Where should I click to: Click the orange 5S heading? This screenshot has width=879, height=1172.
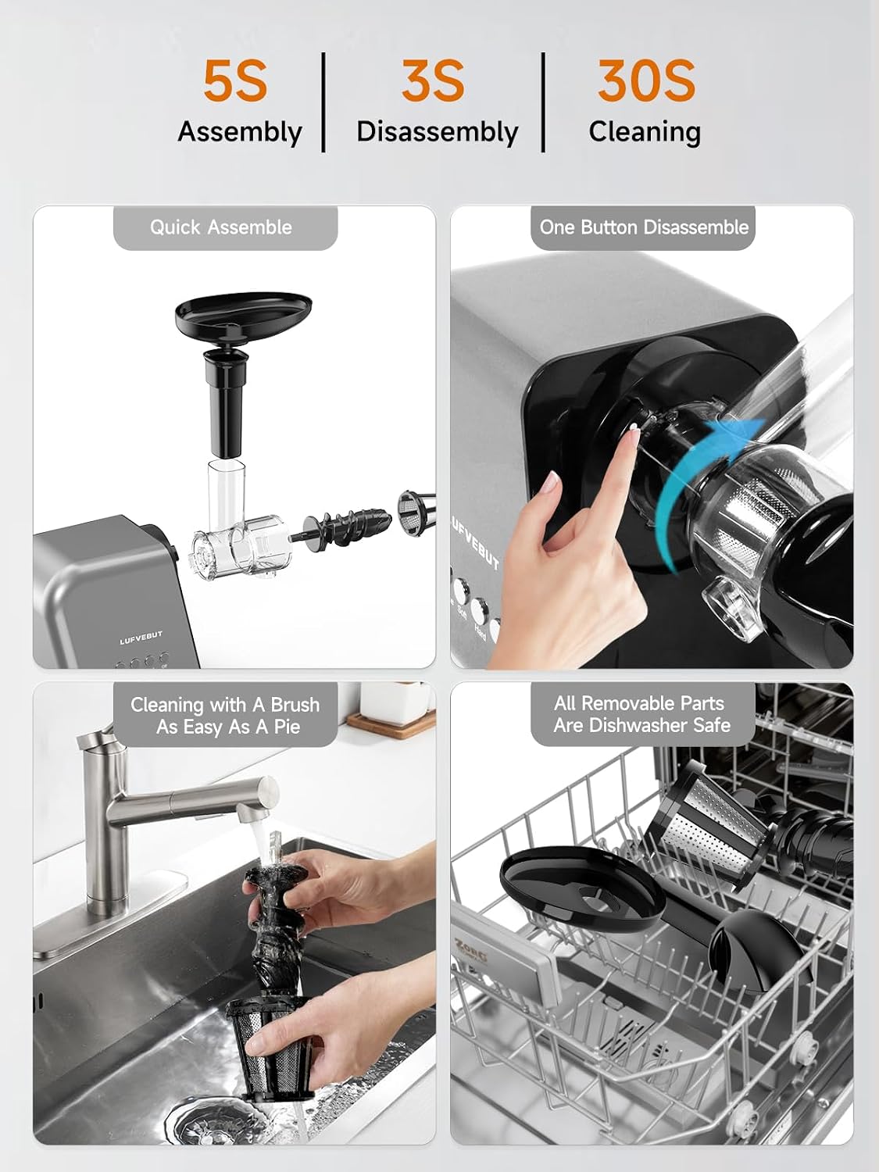[235, 80]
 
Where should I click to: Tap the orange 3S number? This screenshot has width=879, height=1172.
[434, 80]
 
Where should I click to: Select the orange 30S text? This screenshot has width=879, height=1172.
[646, 80]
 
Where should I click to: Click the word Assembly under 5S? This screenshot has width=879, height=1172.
[240, 132]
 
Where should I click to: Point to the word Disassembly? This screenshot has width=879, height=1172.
[438, 131]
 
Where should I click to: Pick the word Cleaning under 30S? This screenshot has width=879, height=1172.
[645, 131]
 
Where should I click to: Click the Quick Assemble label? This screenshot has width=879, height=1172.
[221, 227]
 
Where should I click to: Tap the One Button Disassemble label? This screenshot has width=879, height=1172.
[644, 227]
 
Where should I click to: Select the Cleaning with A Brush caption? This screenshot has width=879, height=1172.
[225, 705]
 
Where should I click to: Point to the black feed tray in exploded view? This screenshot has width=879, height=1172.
[243, 317]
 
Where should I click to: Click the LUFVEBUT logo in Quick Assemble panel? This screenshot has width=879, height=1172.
[141, 638]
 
